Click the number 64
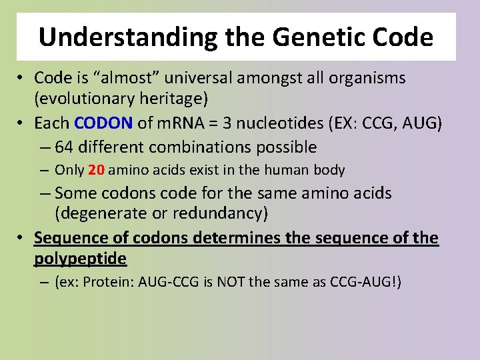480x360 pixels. point(65,147)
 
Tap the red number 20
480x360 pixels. point(96,170)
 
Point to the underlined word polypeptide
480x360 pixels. point(80,258)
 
